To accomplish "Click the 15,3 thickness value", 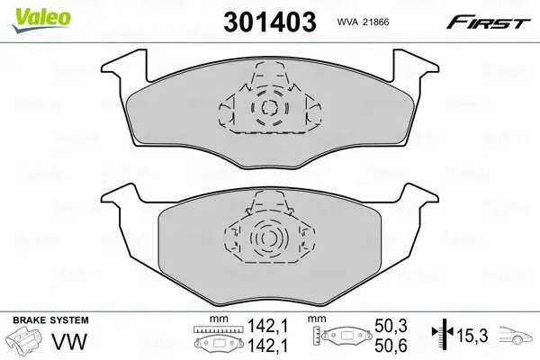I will point(472,337).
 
